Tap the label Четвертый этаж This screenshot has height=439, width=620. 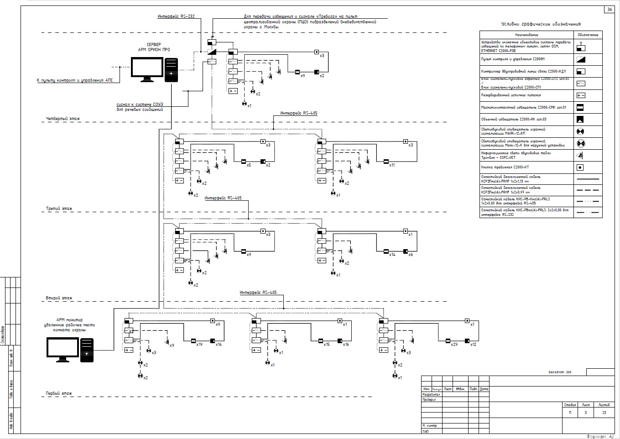pyautogui.click(x=63, y=119)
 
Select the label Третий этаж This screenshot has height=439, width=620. pyautogui.click(x=59, y=209)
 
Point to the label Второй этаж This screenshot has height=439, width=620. pyautogui.click(x=59, y=298)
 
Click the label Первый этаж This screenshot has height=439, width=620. pyautogui.click(x=59, y=393)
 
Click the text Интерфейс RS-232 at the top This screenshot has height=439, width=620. pyautogui.click(x=176, y=16)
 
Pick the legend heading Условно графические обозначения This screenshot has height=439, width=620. pyautogui.click(x=541, y=24)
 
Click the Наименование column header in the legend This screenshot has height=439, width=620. pyautogui.click(x=526, y=35)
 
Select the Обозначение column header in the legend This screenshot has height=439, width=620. pyautogui.click(x=588, y=35)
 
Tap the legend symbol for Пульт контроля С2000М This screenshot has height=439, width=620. pyautogui.click(x=581, y=59)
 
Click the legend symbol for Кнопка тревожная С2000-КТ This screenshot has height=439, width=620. pyautogui.click(x=581, y=167)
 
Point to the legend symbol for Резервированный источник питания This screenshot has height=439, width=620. pyautogui.click(x=581, y=95)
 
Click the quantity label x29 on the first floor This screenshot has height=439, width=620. pyautogui.click(x=454, y=345)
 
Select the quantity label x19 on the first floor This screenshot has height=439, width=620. pyautogui.click(x=199, y=345)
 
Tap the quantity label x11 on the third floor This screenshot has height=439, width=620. pyautogui.click(x=392, y=165)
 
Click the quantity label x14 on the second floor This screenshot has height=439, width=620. pyautogui.click(x=392, y=254)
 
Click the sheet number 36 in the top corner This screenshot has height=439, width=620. pyautogui.click(x=610, y=10)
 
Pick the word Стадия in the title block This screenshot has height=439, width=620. pyautogui.click(x=570, y=405)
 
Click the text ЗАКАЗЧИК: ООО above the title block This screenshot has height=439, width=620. pyautogui.click(x=559, y=372)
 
